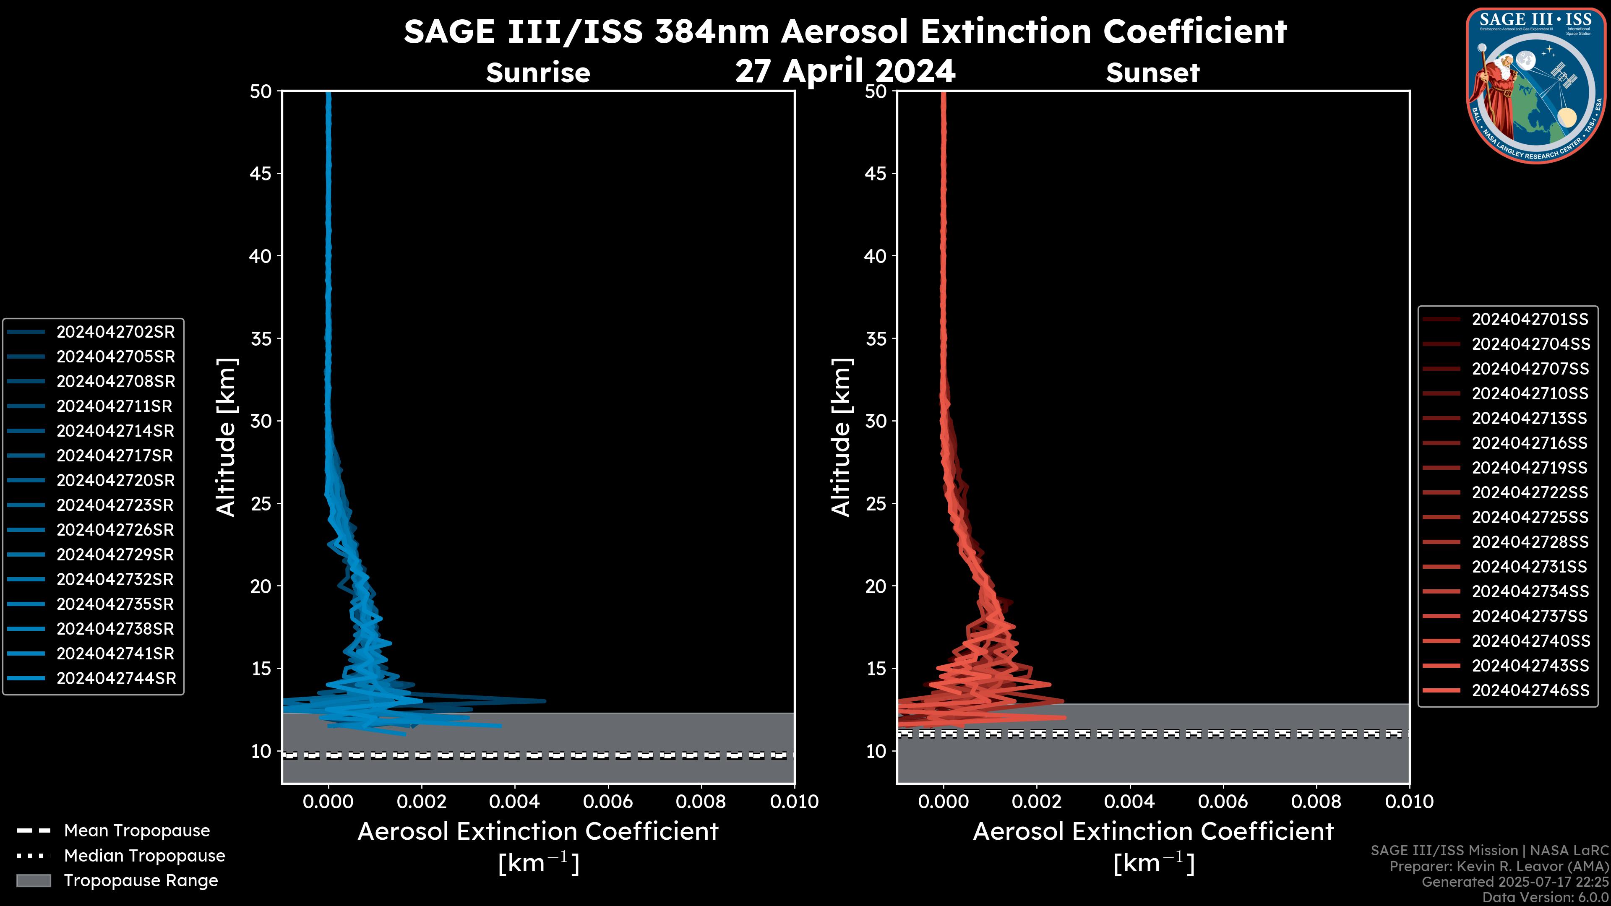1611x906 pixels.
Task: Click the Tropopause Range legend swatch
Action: coord(34,880)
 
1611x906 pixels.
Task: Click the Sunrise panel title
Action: coord(538,73)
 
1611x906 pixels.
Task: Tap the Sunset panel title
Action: coord(1152,73)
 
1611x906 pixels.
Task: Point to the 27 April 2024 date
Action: coord(845,70)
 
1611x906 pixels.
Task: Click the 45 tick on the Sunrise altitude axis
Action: coord(261,174)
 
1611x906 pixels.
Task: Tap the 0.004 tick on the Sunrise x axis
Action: coord(515,802)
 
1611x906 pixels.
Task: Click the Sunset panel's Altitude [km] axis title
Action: coord(842,437)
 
